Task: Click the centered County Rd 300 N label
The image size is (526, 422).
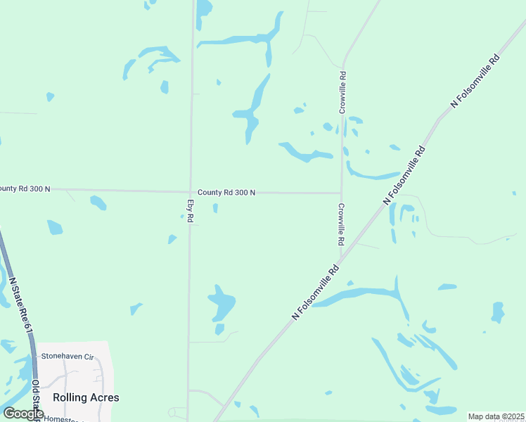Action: [x=226, y=192]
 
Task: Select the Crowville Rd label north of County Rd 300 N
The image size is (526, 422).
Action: [x=342, y=92]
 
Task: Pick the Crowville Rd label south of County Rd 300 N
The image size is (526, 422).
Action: [x=341, y=224]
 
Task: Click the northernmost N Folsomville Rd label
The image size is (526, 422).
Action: [x=475, y=79]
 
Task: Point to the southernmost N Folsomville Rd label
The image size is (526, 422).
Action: [x=316, y=292]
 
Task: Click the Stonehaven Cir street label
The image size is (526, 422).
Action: [x=68, y=357]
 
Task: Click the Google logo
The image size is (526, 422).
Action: [x=23, y=414]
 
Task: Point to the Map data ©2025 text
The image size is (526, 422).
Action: [x=496, y=416]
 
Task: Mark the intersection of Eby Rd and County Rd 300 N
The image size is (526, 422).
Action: [x=190, y=191]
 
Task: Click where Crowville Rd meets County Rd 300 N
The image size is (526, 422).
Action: [x=341, y=193]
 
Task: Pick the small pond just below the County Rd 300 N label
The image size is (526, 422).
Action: [x=215, y=208]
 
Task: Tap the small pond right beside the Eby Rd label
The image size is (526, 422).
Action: [x=182, y=217]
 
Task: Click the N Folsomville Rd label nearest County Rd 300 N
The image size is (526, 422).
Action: [x=404, y=175]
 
